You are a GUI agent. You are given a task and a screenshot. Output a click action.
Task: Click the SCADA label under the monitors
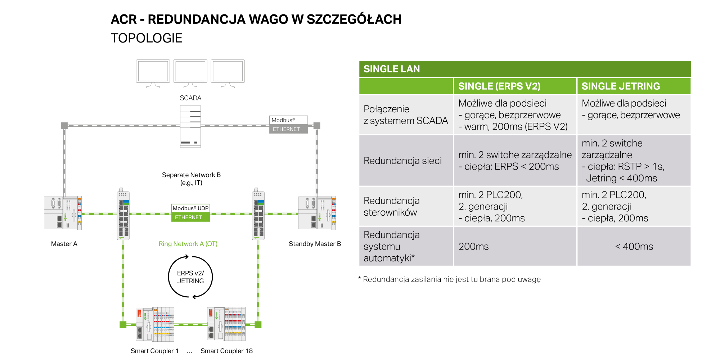pos(190,98)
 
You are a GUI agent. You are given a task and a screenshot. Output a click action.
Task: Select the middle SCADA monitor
pos(190,74)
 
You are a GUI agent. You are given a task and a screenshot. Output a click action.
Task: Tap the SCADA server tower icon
pos(190,126)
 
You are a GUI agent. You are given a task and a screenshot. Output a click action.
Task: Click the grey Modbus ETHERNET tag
pos(289,125)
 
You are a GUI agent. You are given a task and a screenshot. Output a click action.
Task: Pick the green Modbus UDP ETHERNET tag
pos(190,213)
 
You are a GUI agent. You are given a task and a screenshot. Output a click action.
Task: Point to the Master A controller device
pos(63,213)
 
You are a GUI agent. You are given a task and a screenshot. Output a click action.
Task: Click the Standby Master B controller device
pos(317,213)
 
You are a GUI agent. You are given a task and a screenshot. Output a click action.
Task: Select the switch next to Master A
pos(123,214)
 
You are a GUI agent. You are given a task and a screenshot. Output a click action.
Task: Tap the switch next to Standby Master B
pos(258,214)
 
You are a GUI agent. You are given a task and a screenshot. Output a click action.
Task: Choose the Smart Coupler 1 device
pos(155,324)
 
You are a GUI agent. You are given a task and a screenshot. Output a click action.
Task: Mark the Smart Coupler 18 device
pos(226,324)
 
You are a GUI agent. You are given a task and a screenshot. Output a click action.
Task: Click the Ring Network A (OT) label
pos(188,244)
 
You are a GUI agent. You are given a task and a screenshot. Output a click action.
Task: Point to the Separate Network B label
pos(191,179)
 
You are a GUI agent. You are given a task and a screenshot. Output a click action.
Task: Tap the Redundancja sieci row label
pos(402,161)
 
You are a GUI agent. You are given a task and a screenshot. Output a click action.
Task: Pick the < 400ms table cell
pos(634,247)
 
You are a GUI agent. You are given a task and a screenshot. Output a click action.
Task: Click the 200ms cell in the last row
pos(473,247)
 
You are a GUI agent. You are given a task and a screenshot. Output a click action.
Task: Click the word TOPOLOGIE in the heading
pos(147,38)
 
